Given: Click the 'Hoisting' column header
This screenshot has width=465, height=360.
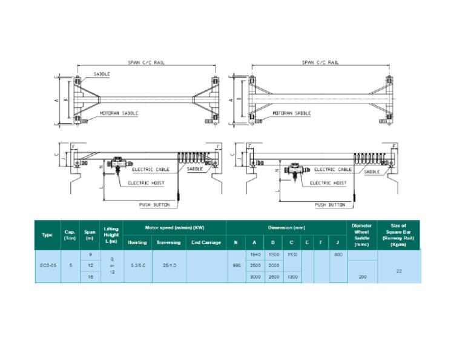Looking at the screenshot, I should coord(137,242).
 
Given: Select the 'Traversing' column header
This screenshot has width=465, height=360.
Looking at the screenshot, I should coord(168,242).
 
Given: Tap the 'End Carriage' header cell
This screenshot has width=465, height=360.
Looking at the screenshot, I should coord(206,242).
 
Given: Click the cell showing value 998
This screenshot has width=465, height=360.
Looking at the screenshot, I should coord(236,265).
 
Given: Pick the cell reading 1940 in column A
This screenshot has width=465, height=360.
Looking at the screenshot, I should coord(255,255).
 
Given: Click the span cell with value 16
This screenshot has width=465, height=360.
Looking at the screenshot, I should coord(90,276).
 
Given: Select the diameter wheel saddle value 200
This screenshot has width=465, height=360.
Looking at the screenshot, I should coord(362,276).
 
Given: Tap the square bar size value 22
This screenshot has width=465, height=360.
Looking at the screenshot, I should coord(399,271).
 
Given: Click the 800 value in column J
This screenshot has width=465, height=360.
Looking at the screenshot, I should coord(338,255).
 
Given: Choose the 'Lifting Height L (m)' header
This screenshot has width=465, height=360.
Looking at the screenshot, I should coord(111,235).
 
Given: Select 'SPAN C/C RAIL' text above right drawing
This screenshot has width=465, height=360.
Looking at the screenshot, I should coord(320,62).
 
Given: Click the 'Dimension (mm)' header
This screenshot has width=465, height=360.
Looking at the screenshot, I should coord(286,227).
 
